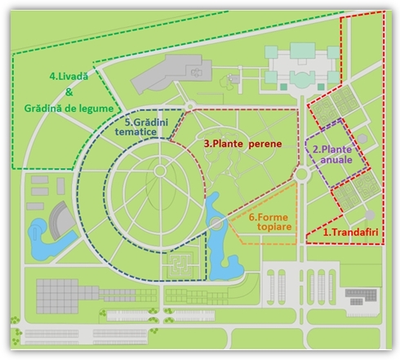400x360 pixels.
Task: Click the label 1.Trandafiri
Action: [x=350, y=233]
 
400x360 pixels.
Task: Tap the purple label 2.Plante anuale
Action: [x=333, y=154]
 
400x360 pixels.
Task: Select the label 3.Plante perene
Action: [x=242, y=144]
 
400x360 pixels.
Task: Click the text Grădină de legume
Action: [x=69, y=109]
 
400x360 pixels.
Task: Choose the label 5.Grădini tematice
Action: [x=141, y=127]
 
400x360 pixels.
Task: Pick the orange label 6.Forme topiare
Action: [x=270, y=222]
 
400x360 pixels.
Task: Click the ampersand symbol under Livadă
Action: [x=69, y=92]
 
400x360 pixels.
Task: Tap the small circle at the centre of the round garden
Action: [x=160, y=171]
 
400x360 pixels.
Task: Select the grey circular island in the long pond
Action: [x=216, y=224]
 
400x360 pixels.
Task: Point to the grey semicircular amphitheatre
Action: [x=60, y=220]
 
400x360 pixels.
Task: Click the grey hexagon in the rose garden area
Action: [x=362, y=139]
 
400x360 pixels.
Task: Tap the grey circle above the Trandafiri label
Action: [x=370, y=215]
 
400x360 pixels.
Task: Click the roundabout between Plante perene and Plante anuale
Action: [x=301, y=174]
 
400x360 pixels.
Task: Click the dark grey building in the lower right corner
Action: [x=361, y=296]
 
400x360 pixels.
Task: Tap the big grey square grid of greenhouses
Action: [x=57, y=296]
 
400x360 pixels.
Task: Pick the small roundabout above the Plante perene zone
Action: [x=190, y=106]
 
